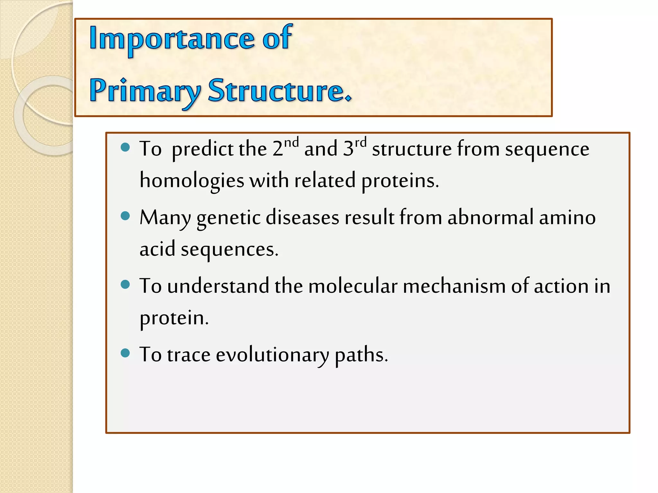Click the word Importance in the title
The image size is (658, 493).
(x=172, y=39)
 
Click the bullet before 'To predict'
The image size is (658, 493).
(x=125, y=147)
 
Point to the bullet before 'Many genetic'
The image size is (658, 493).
(x=125, y=216)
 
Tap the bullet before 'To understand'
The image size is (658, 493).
(x=125, y=284)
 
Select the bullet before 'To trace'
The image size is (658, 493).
(x=125, y=353)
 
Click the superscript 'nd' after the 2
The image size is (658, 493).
(x=291, y=142)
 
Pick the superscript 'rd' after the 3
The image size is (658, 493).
(x=360, y=142)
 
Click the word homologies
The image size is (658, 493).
(x=192, y=181)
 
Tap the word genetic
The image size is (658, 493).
(x=228, y=218)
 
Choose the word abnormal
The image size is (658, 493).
(x=491, y=217)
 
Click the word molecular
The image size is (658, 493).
(x=353, y=286)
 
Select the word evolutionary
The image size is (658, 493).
(x=272, y=355)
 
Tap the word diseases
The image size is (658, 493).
(x=302, y=217)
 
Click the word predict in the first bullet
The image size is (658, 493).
(x=202, y=149)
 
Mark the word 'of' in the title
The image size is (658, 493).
(x=277, y=39)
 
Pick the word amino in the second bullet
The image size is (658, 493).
(x=567, y=217)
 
